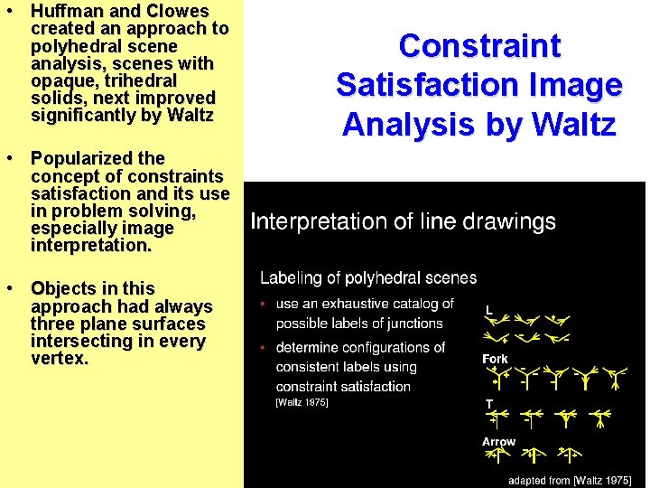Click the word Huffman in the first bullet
(x=69, y=12)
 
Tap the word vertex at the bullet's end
(x=57, y=359)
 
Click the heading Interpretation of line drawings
(x=403, y=221)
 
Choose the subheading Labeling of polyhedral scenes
(x=368, y=277)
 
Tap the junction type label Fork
(x=495, y=359)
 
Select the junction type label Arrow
(x=498, y=442)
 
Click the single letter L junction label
(x=489, y=310)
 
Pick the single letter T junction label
(x=489, y=403)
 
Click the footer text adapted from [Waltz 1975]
(x=569, y=481)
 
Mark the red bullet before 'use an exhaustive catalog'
(x=262, y=305)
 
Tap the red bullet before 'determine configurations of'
(x=262, y=348)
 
